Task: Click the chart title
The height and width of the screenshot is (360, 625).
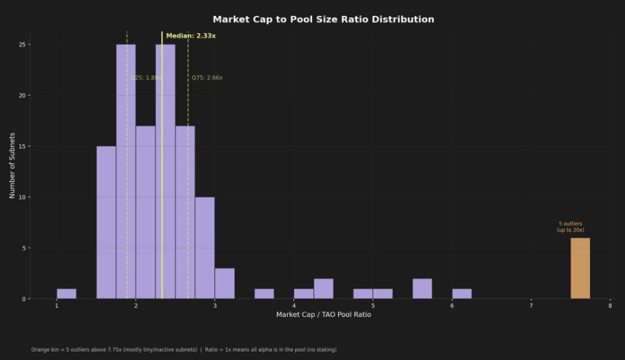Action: (x=323, y=20)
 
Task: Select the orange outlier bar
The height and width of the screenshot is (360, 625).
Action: (x=580, y=268)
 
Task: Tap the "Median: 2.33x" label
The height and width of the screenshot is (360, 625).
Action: (x=191, y=36)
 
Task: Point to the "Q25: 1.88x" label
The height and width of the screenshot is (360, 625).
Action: (x=146, y=78)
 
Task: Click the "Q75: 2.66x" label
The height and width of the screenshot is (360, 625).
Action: (x=207, y=78)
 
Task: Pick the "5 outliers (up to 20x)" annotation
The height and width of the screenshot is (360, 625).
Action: (x=570, y=227)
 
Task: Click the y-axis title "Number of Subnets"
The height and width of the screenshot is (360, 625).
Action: (x=12, y=165)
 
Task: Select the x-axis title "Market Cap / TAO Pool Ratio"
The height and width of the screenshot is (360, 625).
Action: (x=323, y=315)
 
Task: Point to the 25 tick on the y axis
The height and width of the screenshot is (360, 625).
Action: (x=21, y=45)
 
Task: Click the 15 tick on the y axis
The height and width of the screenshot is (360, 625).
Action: (x=21, y=146)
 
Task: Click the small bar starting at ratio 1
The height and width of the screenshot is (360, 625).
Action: (x=67, y=293)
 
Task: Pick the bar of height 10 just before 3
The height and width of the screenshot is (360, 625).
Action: (x=204, y=248)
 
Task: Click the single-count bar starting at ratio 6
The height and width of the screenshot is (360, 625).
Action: (x=461, y=293)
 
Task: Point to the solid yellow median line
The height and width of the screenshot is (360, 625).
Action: (x=162, y=183)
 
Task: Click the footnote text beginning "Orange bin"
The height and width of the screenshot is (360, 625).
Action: (x=184, y=350)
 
